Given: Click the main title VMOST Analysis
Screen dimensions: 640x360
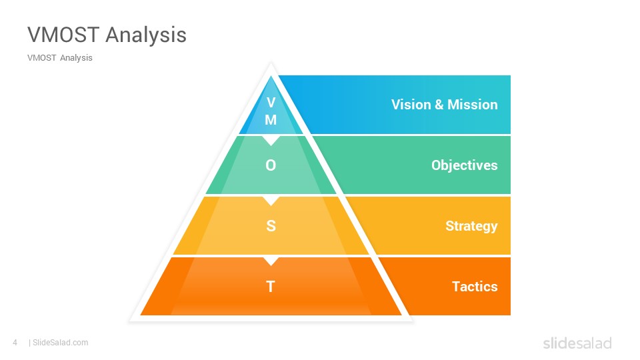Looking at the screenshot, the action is pyautogui.click(x=107, y=35).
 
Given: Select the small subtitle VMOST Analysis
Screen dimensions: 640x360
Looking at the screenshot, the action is pyautogui.click(x=60, y=58).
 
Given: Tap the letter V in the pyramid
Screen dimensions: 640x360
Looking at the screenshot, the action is pyautogui.click(x=271, y=102).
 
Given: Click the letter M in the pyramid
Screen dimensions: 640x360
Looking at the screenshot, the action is pyautogui.click(x=271, y=119).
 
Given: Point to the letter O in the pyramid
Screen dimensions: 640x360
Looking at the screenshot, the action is pyautogui.click(x=271, y=165).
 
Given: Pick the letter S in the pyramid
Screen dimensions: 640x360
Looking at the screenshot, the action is pyautogui.click(x=271, y=226).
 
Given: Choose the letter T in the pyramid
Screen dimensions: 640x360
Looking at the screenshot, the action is pyautogui.click(x=271, y=287).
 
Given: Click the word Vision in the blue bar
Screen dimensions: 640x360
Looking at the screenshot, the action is pyautogui.click(x=411, y=105).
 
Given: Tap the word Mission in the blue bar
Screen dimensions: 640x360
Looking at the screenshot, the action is pyautogui.click(x=473, y=105).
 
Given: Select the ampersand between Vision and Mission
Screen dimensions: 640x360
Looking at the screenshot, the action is pyautogui.click(x=439, y=105).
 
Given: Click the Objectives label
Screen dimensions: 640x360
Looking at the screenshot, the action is pyautogui.click(x=465, y=165).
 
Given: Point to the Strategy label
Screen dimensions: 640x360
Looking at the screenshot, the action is pyautogui.click(x=471, y=226).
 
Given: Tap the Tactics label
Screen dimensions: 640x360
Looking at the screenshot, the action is pyautogui.click(x=475, y=287).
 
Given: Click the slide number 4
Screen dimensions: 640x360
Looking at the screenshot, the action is pyautogui.click(x=15, y=343).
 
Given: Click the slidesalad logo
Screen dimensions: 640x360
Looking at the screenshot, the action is pyautogui.click(x=577, y=343).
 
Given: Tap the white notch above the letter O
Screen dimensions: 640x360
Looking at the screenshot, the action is pyautogui.click(x=271, y=140).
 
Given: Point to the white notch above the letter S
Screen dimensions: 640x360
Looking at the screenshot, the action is pyautogui.click(x=271, y=201).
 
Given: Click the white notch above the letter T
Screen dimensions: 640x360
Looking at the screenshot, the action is pyautogui.click(x=271, y=261).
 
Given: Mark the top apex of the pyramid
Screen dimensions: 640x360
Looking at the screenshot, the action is pyautogui.click(x=271, y=63).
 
